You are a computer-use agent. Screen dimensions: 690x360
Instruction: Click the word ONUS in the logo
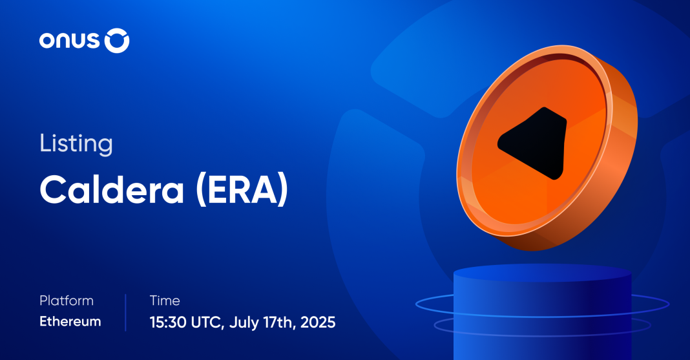[x=70, y=41]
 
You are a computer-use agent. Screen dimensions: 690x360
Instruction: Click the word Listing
[x=76, y=144]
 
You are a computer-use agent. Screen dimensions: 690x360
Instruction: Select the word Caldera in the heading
[x=112, y=189]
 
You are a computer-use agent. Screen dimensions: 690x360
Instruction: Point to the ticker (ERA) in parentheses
[x=242, y=190]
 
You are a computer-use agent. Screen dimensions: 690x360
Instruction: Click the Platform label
[x=67, y=301]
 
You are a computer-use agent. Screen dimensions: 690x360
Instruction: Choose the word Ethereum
[x=70, y=321]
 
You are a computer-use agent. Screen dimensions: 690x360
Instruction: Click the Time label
[x=165, y=301]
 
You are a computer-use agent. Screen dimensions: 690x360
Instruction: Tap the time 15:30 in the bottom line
[x=168, y=322]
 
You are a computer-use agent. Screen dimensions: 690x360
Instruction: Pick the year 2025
[x=318, y=322]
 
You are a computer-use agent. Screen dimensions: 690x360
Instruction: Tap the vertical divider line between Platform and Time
[x=125, y=312]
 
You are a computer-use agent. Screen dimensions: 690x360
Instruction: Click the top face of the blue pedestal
[x=542, y=272]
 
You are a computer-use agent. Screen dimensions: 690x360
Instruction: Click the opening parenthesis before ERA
[x=201, y=190]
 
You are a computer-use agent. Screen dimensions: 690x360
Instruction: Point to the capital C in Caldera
[x=54, y=189]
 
